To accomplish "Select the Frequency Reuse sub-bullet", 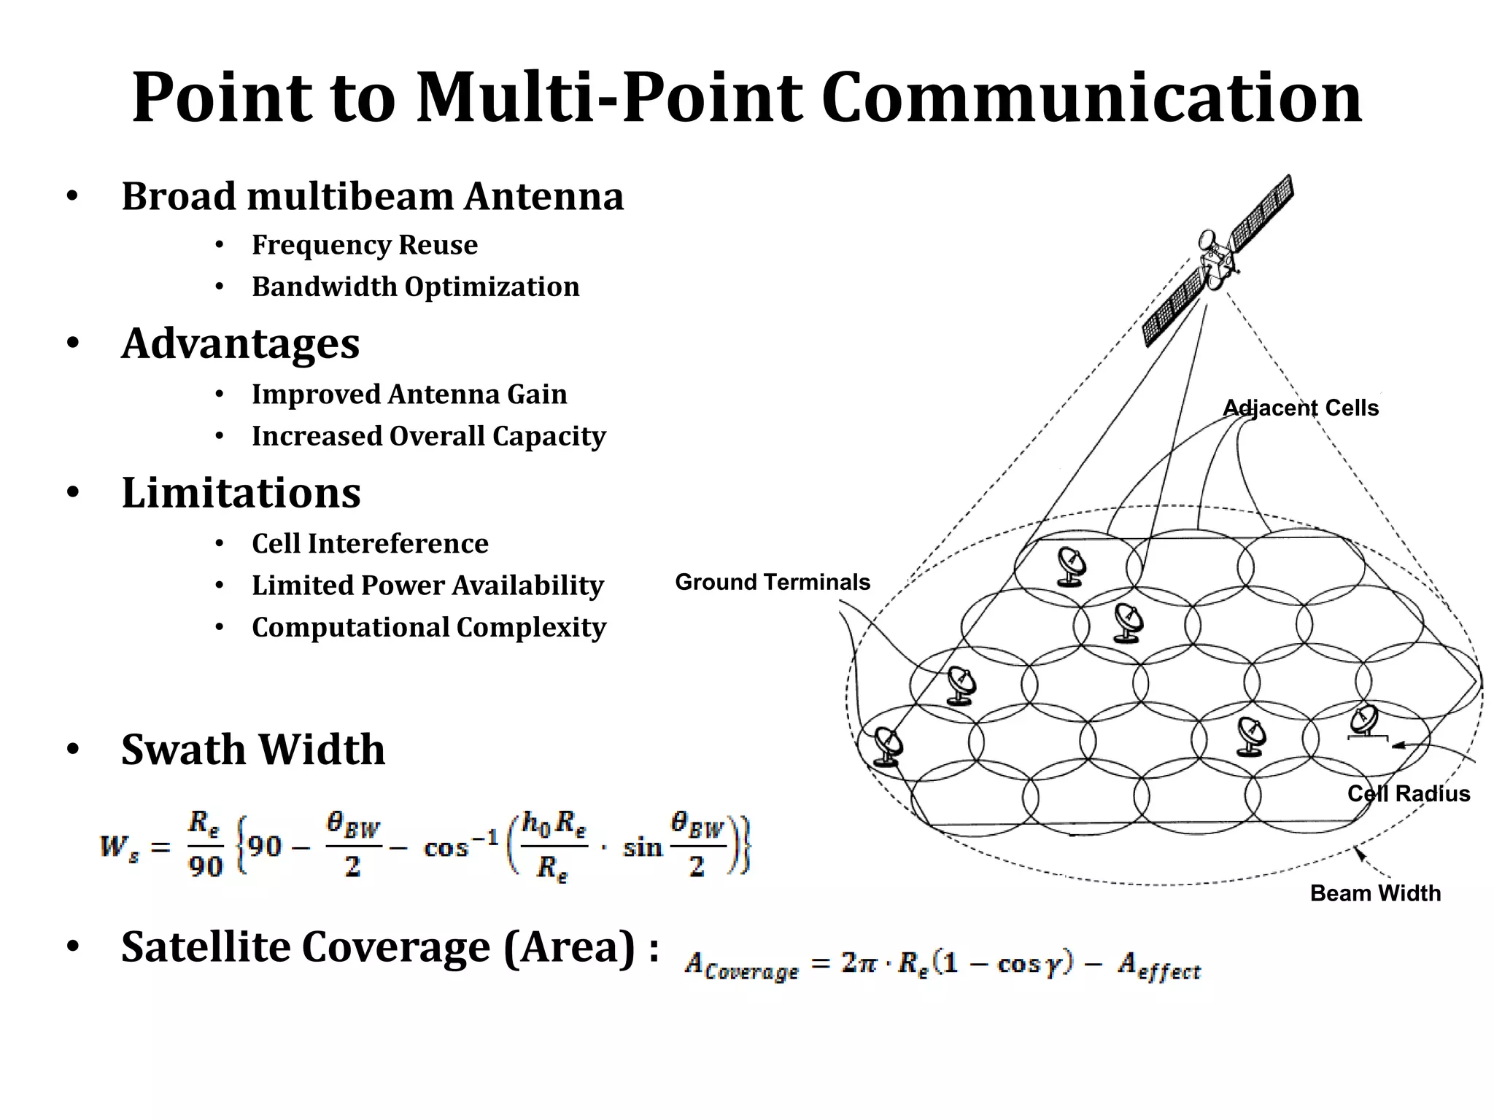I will [364, 245].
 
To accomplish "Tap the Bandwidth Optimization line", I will [415, 287].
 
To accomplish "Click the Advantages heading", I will [240, 343].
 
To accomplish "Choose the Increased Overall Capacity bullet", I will [428, 436].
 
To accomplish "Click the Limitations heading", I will [241, 493].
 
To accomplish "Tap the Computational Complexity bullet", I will [428, 628].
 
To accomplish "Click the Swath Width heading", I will [252, 750].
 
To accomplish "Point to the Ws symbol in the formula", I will [119, 848].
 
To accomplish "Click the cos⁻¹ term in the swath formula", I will [460, 846].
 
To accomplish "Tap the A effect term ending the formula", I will [1158, 968].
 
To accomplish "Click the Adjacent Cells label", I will [1300, 408].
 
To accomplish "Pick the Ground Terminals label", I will [772, 583].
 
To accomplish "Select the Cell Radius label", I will [1408, 794].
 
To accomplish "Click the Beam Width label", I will [1375, 894].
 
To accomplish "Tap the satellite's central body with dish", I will [1215, 259].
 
